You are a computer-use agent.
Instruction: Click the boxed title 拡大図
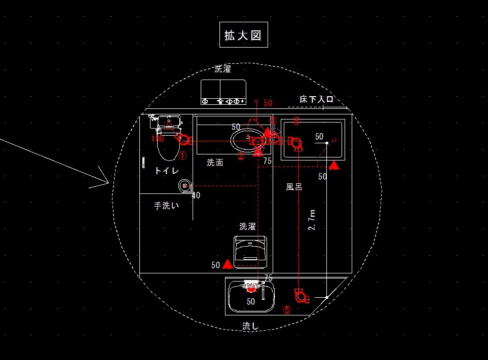click(x=243, y=35)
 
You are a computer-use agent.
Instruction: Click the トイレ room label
click(x=166, y=171)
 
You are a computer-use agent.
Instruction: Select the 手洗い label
click(x=166, y=206)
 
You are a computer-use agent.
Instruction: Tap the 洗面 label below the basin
click(x=215, y=163)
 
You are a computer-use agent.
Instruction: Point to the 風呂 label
click(x=294, y=187)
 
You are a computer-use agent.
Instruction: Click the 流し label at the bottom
click(x=250, y=327)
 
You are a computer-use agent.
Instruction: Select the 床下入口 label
click(x=316, y=99)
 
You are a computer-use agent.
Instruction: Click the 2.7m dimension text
click(x=313, y=220)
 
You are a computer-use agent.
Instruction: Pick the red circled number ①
click(x=183, y=156)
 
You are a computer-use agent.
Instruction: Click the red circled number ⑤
click(x=287, y=310)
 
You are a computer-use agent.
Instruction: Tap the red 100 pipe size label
click(x=157, y=138)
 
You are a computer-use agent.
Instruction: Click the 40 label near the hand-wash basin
click(x=196, y=195)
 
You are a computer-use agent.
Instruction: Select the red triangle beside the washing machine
click(x=228, y=264)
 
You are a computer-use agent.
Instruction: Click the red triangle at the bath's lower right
click(x=334, y=165)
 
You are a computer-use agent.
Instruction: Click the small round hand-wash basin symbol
click(x=184, y=187)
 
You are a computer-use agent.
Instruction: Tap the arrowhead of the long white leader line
click(x=108, y=182)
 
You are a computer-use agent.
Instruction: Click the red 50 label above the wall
click(x=268, y=103)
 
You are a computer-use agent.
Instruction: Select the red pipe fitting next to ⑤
click(x=301, y=295)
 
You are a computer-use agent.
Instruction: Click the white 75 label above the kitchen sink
click(x=268, y=277)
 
